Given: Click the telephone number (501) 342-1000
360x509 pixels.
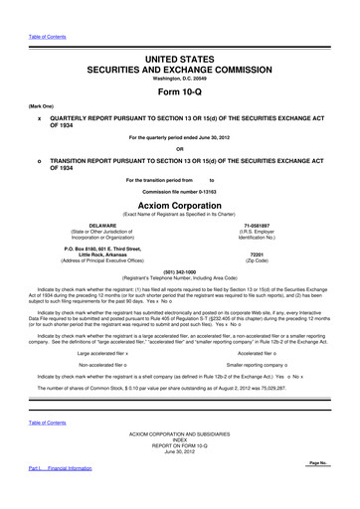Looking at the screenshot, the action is [x=179, y=271].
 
